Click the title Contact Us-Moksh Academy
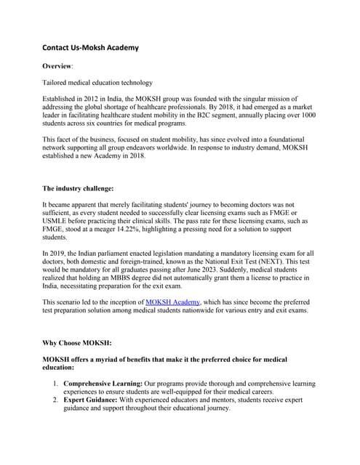[x=90, y=48]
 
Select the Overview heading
[x=63, y=65]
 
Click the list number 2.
[x=56, y=400]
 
